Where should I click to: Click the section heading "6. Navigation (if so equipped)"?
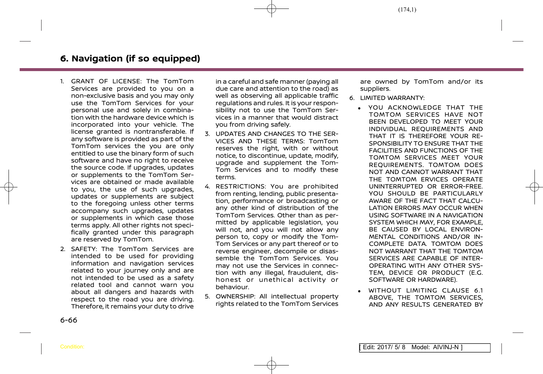pyautogui.click(x=130, y=59)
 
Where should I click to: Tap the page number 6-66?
pyautogui.click(x=69, y=320)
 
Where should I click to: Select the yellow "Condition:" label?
pyautogui.click(x=72, y=347)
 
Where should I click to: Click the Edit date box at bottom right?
pyautogui.click(x=424, y=347)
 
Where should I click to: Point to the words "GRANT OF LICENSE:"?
pyautogui.click(x=106, y=81)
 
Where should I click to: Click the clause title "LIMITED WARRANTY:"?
pyautogui.click(x=392, y=98)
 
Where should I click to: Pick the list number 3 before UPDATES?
pyautogui.click(x=207, y=134)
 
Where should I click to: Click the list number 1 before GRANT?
pyautogui.click(x=62, y=81)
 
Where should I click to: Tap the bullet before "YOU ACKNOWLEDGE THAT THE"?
pyautogui.click(x=360, y=108)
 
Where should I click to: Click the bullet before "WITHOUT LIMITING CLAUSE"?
pyautogui.click(x=360, y=291)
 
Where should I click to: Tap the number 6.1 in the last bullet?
pyautogui.click(x=478, y=291)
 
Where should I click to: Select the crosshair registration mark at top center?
pyautogui.click(x=271, y=8)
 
